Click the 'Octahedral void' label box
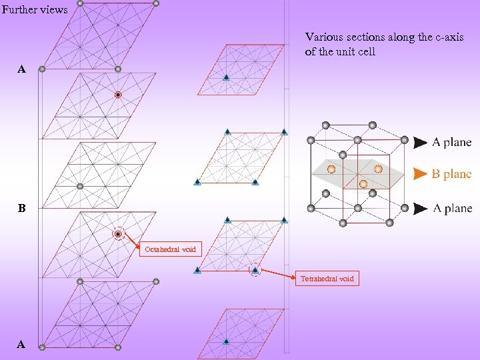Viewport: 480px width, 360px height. click(x=170, y=249)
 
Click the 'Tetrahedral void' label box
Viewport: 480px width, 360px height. click(x=327, y=279)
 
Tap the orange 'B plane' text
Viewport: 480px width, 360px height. click(x=451, y=174)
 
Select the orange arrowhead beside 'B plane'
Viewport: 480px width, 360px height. click(x=419, y=174)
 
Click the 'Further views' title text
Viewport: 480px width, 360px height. click(x=35, y=9)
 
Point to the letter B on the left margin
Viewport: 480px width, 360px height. click(x=22, y=209)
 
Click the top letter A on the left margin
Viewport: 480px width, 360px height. click(x=22, y=69)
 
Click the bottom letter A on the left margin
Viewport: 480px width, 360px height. click(x=22, y=345)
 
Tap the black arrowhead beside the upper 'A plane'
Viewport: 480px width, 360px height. click(x=420, y=142)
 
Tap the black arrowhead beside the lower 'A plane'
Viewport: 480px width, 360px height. click(x=420, y=209)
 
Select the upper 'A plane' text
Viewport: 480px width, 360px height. click(x=451, y=142)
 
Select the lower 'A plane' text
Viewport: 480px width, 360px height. click(x=451, y=209)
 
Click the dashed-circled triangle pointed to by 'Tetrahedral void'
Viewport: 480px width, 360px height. click(x=255, y=270)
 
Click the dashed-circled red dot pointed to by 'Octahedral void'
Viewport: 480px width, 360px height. click(x=118, y=234)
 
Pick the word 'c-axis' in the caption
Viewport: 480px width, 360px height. click(x=449, y=37)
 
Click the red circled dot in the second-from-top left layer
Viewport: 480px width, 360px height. click(x=118, y=95)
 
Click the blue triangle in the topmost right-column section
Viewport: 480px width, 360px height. click(x=227, y=77)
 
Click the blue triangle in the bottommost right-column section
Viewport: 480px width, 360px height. click(x=227, y=341)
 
